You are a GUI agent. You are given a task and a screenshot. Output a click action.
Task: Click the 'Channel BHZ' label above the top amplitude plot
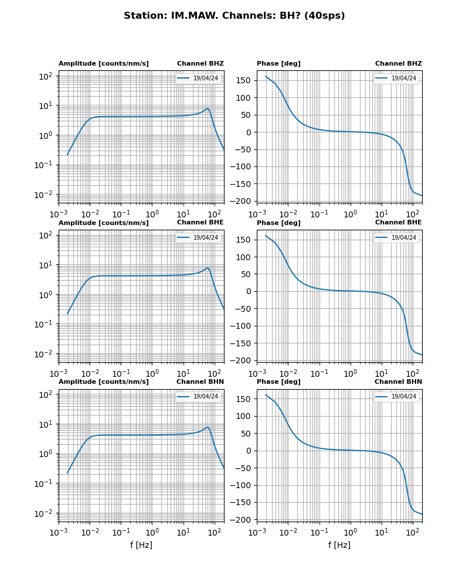click(200, 64)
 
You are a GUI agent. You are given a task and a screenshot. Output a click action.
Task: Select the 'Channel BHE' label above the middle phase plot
click(398, 223)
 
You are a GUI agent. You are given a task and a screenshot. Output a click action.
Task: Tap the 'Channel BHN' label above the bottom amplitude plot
click(200, 382)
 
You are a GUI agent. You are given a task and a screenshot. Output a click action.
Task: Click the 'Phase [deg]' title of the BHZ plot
click(278, 64)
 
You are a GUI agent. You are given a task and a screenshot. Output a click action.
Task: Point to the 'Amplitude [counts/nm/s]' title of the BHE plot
click(103, 223)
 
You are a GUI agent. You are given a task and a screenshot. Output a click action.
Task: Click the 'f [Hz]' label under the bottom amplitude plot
click(141, 545)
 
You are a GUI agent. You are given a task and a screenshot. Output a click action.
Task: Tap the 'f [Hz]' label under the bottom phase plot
click(339, 545)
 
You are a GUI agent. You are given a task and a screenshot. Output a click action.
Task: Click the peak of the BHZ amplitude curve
click(208, 108)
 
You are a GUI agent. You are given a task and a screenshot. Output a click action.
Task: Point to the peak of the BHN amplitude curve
click(208, 427)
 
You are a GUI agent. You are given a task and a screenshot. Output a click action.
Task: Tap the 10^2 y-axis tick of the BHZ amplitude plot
click(46, 76)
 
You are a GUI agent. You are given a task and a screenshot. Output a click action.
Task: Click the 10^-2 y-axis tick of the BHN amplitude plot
click(45, 513)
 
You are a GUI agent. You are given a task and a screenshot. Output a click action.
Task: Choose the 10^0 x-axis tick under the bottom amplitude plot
click(152, 530)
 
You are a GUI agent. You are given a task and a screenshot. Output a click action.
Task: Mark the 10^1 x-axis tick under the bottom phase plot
click(382, 530)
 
